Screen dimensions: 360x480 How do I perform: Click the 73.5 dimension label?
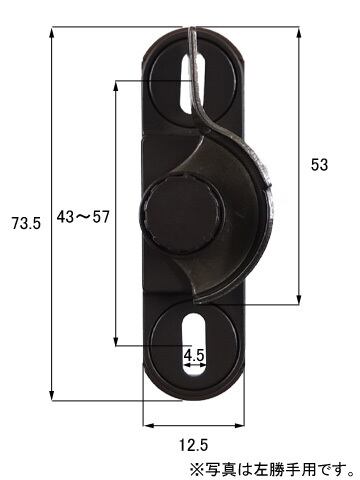[x=26, y=223]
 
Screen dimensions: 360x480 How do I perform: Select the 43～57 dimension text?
[x=83, y=217]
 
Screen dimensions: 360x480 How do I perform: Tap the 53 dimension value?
[x=319, y=165]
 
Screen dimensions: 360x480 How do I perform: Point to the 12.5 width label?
[x=194, y=445]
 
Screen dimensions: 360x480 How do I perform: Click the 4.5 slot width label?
[x=194, y=356]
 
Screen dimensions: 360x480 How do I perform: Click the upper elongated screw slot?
[x=193, y=84]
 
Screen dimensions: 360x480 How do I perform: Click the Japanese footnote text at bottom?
[x=272, y=470]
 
